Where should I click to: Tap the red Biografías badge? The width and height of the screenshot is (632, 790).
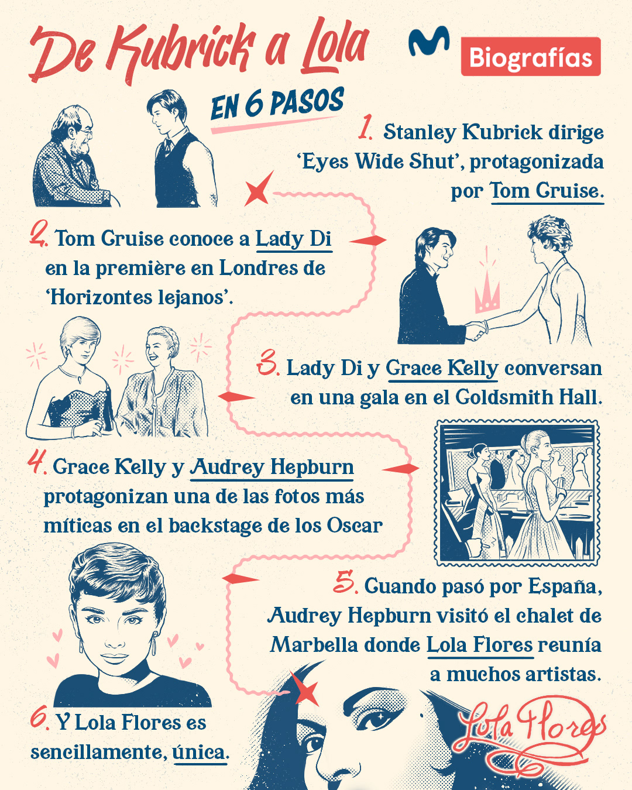(531, 57)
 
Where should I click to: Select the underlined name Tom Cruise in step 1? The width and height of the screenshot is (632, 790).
(545, 191)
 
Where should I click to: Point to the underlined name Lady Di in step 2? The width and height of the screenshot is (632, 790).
(293, 239)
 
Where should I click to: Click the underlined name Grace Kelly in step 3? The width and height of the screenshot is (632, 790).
(442, 368)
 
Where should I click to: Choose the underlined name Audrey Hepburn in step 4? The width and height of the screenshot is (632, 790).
(272, 467)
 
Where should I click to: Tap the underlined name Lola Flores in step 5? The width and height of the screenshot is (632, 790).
(479, 645)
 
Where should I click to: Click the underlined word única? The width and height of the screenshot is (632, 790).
(198, 752)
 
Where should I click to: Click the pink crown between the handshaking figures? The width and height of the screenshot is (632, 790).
(487, 293)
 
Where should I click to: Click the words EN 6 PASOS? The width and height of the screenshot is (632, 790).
(277, 105)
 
